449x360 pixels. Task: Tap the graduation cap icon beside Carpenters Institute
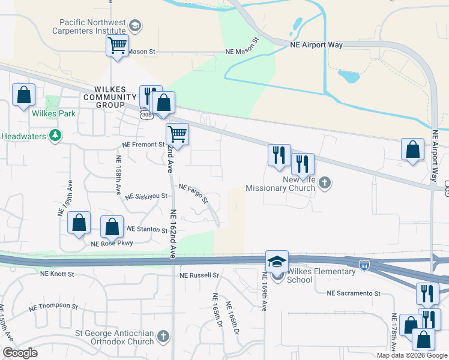coord(135,25)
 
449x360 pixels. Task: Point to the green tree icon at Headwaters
coord(55,136)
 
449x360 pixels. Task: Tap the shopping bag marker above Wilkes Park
coord(23,95)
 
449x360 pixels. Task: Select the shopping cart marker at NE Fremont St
coord(177,134)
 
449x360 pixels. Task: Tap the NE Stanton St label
coord(147,229)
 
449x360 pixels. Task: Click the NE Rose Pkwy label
coord(112,243)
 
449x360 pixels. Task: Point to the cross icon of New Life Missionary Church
coord(325,183)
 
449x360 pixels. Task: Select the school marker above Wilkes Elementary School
coord(277,262)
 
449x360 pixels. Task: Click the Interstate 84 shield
coord(364,265)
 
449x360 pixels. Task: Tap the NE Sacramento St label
coord(354,293)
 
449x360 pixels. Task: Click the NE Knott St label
coord(57,274)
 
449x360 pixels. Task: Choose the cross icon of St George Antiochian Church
coord(163,338)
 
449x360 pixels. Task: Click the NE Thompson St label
coord(54,305)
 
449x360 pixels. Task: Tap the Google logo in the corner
coord(20,353)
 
